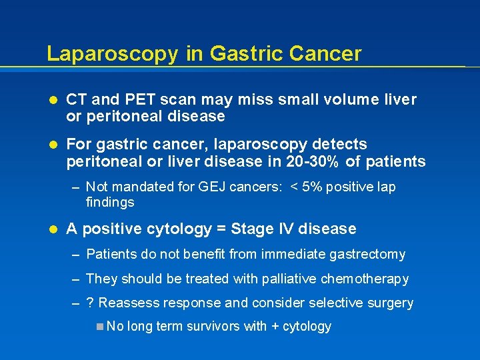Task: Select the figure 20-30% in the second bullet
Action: point(323,161)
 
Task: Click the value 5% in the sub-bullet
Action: point(313,187)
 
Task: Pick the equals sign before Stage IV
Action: point(221,229)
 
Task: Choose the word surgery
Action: point(390,303)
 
